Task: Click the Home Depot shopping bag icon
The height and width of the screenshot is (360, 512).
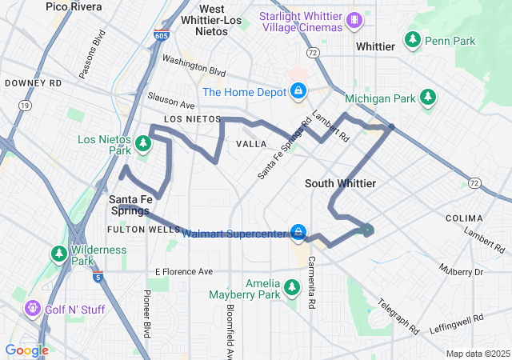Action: pos(298,91)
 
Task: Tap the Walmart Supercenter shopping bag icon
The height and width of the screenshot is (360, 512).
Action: pos(298,233)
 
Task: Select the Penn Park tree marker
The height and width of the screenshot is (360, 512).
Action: pos(413,39)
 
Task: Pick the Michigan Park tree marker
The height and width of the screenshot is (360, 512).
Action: pos(429,98)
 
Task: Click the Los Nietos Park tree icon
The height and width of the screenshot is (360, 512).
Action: pos(142,144)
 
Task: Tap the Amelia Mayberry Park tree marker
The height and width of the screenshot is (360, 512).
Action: pos(292,286)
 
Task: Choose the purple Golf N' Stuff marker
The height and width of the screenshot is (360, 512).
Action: pos(32,307)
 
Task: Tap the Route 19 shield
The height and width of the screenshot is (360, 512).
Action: pos(26,104)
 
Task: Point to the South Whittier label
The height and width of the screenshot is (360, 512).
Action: pos(340,183)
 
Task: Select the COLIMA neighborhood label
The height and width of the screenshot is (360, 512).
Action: pos(464,218)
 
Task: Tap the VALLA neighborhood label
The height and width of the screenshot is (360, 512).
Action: pos(251,143)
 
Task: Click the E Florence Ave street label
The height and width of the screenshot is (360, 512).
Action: pos(184,271)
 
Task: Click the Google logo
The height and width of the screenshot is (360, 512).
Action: pos(26,350)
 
